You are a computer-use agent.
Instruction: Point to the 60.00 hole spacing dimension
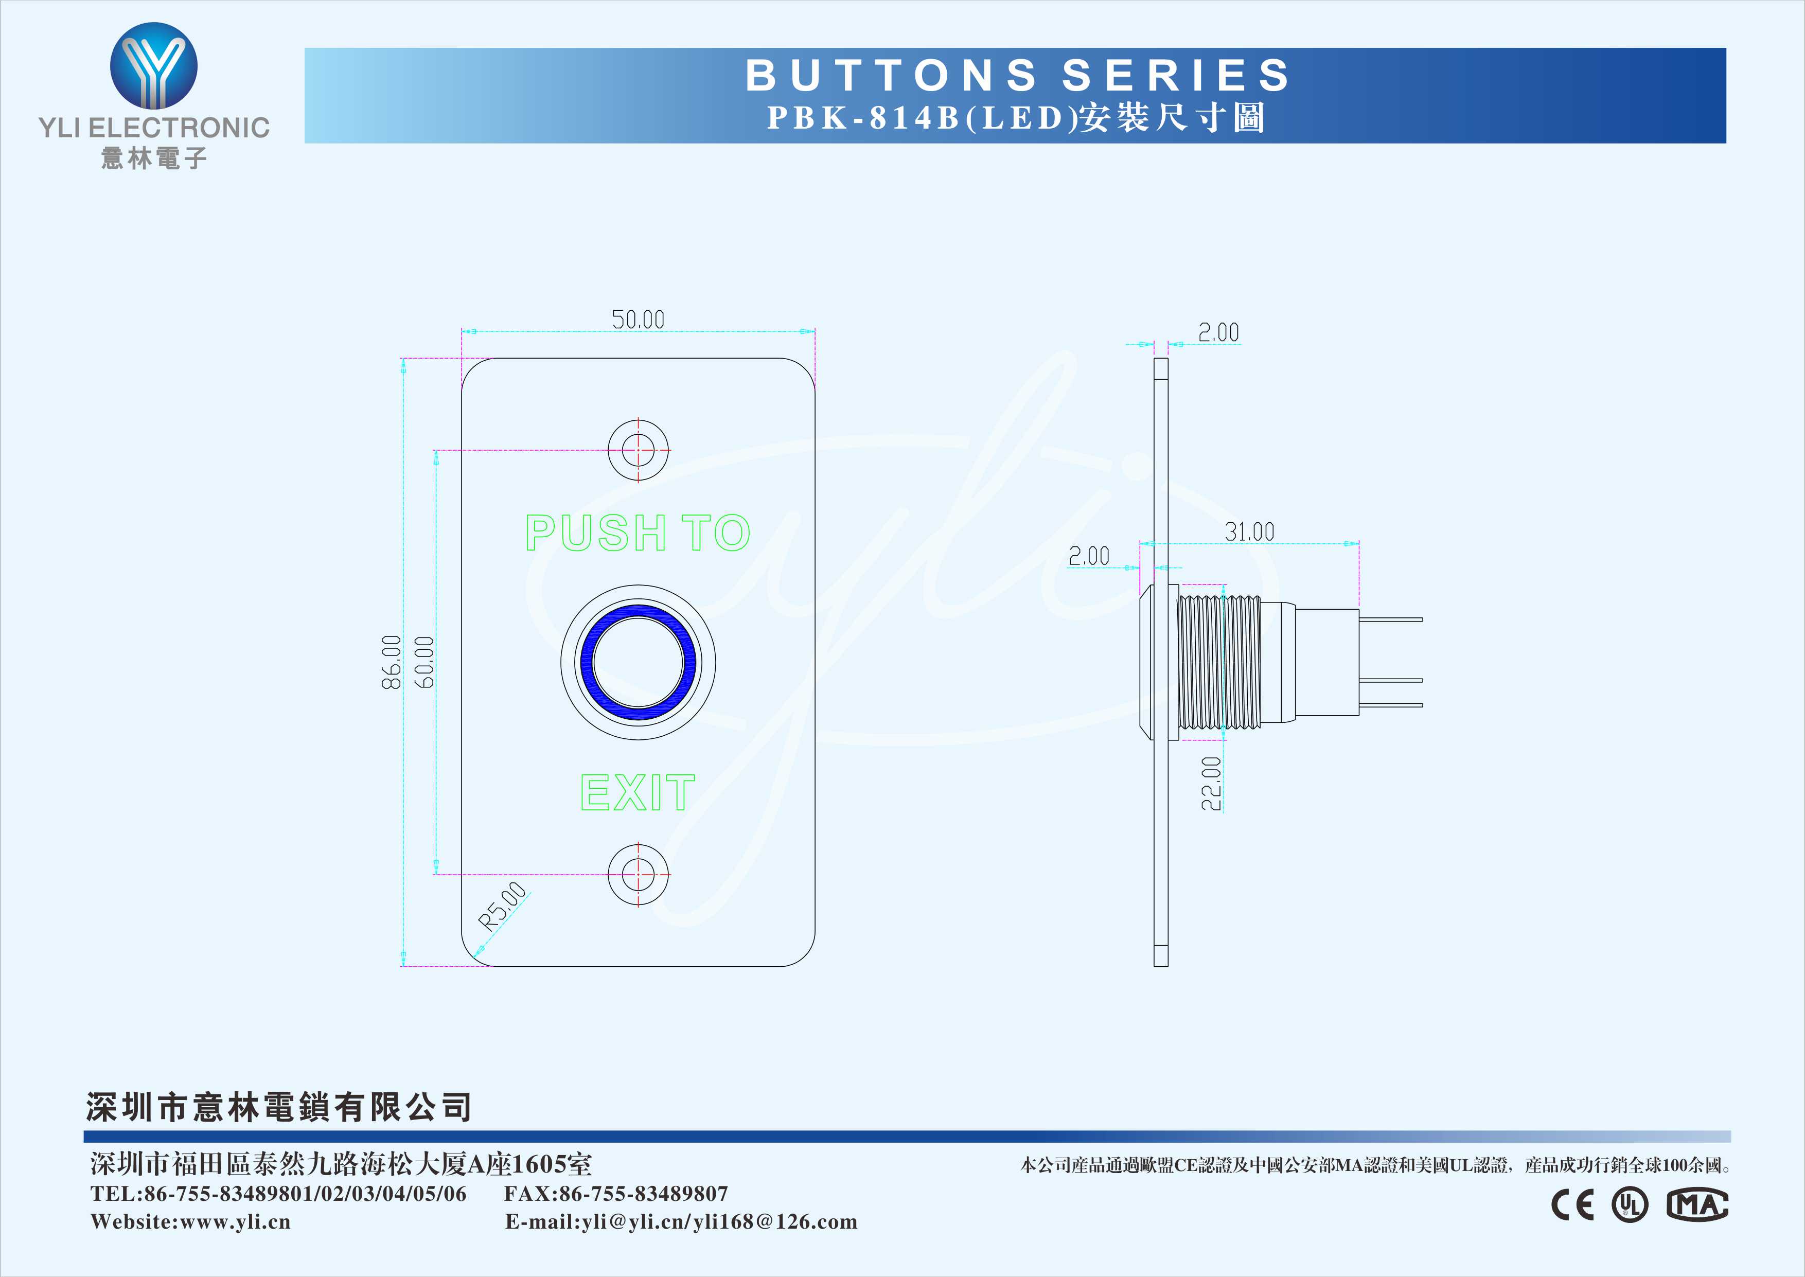[x=424, y=662]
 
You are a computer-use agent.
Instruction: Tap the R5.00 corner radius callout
[x=502, y=907]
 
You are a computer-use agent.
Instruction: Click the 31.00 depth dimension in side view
[x=1249, y=531]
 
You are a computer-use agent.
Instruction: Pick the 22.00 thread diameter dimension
[x=1211, y=783]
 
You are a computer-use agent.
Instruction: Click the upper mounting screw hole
[x=639, y=451]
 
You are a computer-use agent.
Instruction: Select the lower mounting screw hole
[x=639, y=874]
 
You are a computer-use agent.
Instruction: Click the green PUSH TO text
[x=638, y=533]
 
